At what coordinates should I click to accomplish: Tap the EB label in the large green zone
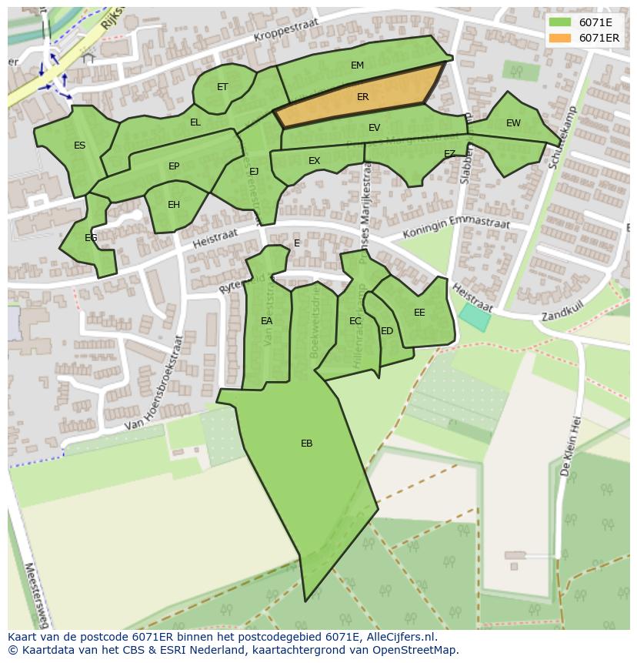[306, 444]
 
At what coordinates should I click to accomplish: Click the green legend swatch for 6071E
[560, 23]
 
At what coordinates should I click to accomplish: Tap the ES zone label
[80, 146]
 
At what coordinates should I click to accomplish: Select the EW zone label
[513, 123]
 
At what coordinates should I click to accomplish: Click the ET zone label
[222, 87]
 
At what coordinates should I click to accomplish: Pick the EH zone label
[174, 205]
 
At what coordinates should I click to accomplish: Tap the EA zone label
[266, 321]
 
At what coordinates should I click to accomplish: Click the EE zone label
[419, 313]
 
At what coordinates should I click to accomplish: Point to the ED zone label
[387, 331]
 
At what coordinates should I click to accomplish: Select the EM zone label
[357, 65]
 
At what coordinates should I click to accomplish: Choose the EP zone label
[174, 166]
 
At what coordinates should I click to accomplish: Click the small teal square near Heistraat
[474, 317]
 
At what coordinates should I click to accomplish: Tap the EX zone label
[314, 161]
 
